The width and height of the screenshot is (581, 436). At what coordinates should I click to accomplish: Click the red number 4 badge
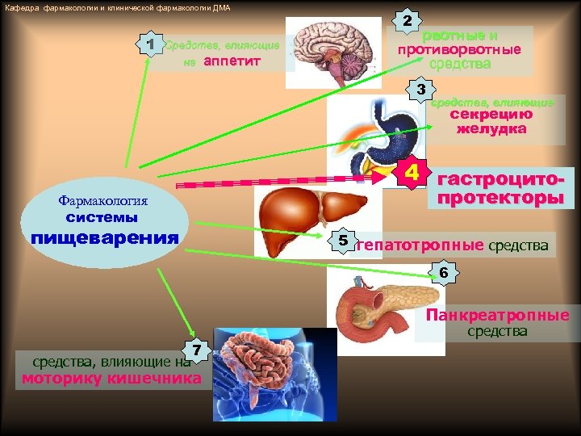[x=412, y=173]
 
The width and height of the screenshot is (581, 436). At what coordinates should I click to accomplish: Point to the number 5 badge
[x=343, y=241]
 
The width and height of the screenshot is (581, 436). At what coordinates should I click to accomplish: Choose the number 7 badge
[x=197, y=350]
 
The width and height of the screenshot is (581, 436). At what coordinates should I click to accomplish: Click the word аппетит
[x=232, y=62]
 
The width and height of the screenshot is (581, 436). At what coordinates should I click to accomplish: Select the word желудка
[x=491, y=128]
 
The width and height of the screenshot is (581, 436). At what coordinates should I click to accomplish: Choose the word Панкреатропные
[x=498, y=315]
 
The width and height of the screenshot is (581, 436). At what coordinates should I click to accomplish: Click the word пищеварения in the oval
[x=104, y=237]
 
